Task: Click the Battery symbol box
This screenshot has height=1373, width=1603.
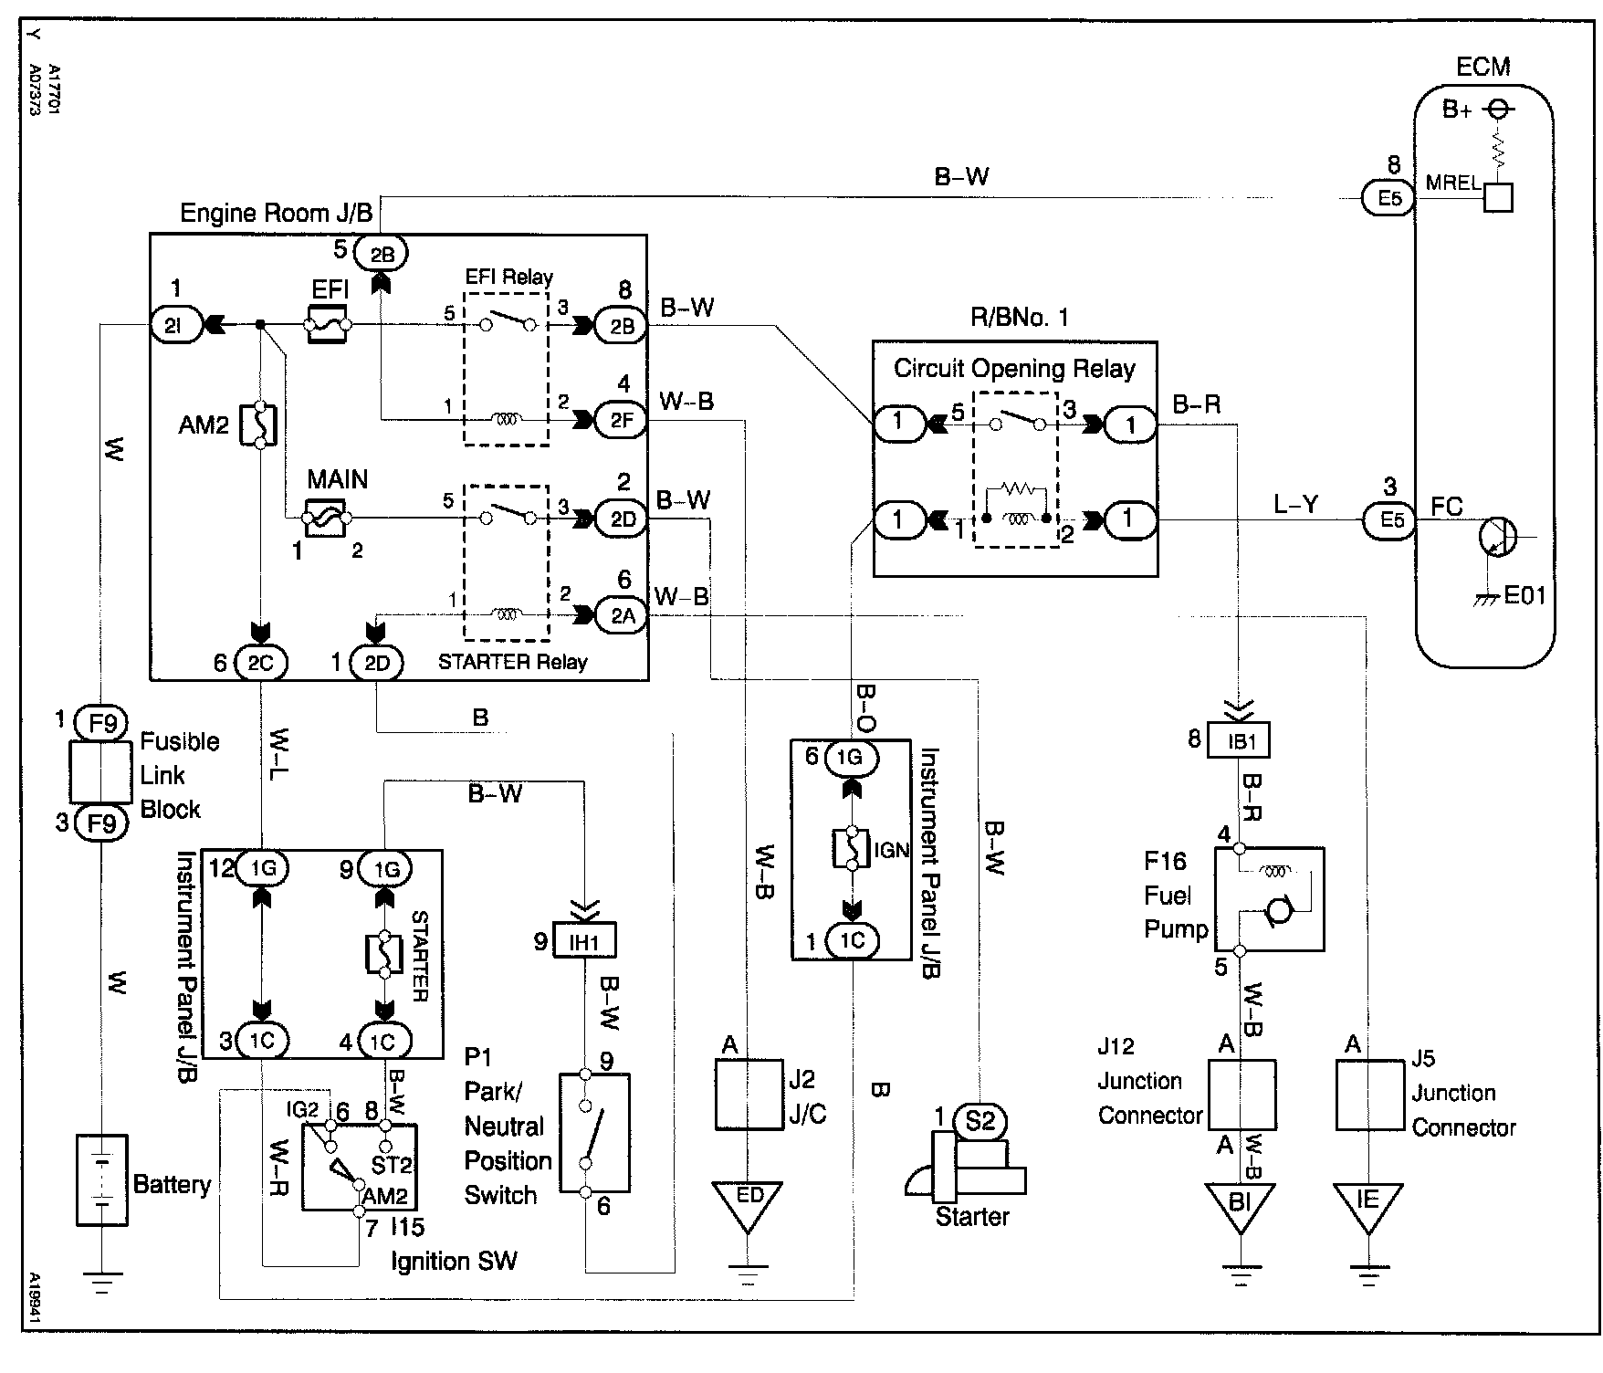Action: (101, 1179)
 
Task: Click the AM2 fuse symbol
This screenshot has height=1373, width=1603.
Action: (260, 424)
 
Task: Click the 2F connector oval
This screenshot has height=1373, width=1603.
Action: (622, 421)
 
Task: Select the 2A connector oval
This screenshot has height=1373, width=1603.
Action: (622, 615)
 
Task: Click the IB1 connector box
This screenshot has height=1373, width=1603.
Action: (1239, 740)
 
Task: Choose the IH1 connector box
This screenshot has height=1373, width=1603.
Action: (585, 940)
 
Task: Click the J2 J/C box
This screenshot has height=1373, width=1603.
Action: (749, 1095)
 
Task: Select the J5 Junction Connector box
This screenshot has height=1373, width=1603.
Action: (1369, 1095)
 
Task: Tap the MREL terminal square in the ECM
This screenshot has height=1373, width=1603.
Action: (1497, 197)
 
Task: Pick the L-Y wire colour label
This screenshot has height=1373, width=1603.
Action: (1295, 504)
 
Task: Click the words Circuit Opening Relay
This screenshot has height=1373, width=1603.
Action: (1014, 369)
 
